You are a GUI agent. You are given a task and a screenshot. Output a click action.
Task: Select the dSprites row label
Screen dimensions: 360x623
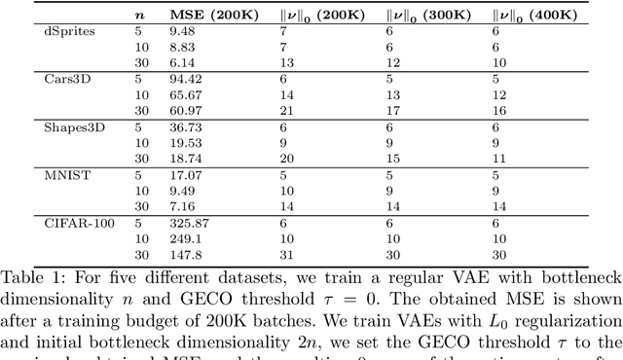35,32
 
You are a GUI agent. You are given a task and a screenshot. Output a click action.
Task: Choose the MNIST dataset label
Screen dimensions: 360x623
34,174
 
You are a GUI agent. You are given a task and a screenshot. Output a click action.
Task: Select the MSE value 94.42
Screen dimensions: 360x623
187,79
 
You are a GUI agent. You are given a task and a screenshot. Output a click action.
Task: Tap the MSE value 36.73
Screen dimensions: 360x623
187,128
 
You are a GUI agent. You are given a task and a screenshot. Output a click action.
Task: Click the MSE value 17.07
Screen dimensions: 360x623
187,174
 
